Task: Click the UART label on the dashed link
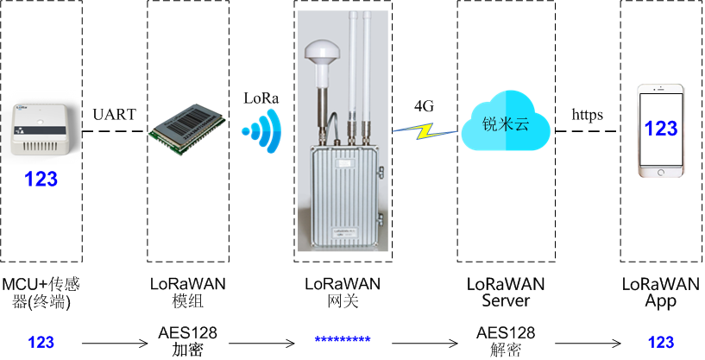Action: [x=115, y=114]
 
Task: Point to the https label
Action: [x=587, y=114]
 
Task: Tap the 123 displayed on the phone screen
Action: [x=661, y=129]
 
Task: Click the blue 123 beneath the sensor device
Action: [x=41, y=180]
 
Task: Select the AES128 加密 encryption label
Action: [x=188, y=341]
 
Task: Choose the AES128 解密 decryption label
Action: [x=506, y=341]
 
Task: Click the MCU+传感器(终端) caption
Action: [x=41, y=293]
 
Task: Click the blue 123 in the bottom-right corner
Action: [x=660, y=342]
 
